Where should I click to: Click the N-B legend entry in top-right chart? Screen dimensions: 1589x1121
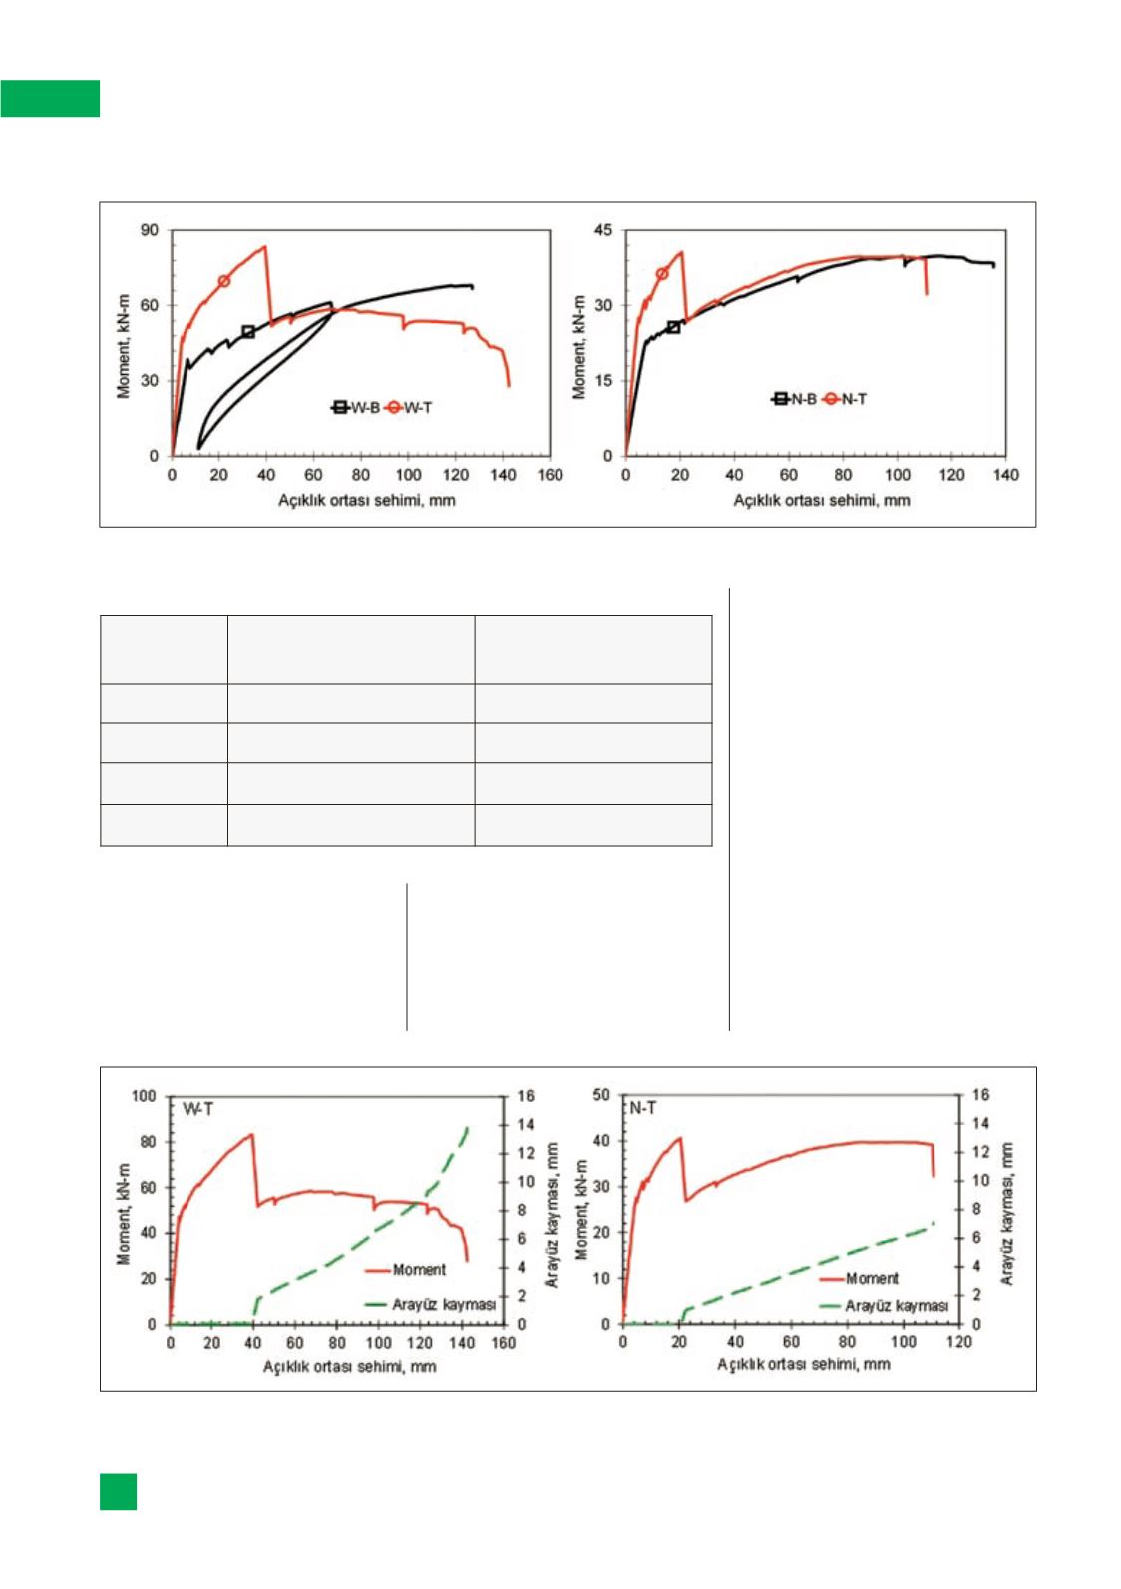[x=796, y=399]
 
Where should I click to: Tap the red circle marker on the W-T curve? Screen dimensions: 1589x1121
[x=224, y=281]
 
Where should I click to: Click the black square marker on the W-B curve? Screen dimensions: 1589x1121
[x=248, y=332]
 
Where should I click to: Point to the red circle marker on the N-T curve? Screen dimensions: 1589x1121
[x=662, y=274]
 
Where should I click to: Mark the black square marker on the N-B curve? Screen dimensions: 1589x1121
[x=673, y=327]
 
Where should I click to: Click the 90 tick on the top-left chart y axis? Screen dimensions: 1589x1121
[x=149, y=230]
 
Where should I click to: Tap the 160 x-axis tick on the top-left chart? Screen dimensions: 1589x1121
[x=550, y=475]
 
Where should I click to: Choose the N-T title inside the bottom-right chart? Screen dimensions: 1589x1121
[x=643, y=1108]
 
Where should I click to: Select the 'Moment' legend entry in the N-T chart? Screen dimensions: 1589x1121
[x=872, y=1278]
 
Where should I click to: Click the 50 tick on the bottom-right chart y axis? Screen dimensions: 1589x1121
[x=601, y=1096]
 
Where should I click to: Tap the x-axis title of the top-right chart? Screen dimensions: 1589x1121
[x=822, y=499]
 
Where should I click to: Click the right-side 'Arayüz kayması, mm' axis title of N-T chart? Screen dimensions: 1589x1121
[x=1008, y=1213]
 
